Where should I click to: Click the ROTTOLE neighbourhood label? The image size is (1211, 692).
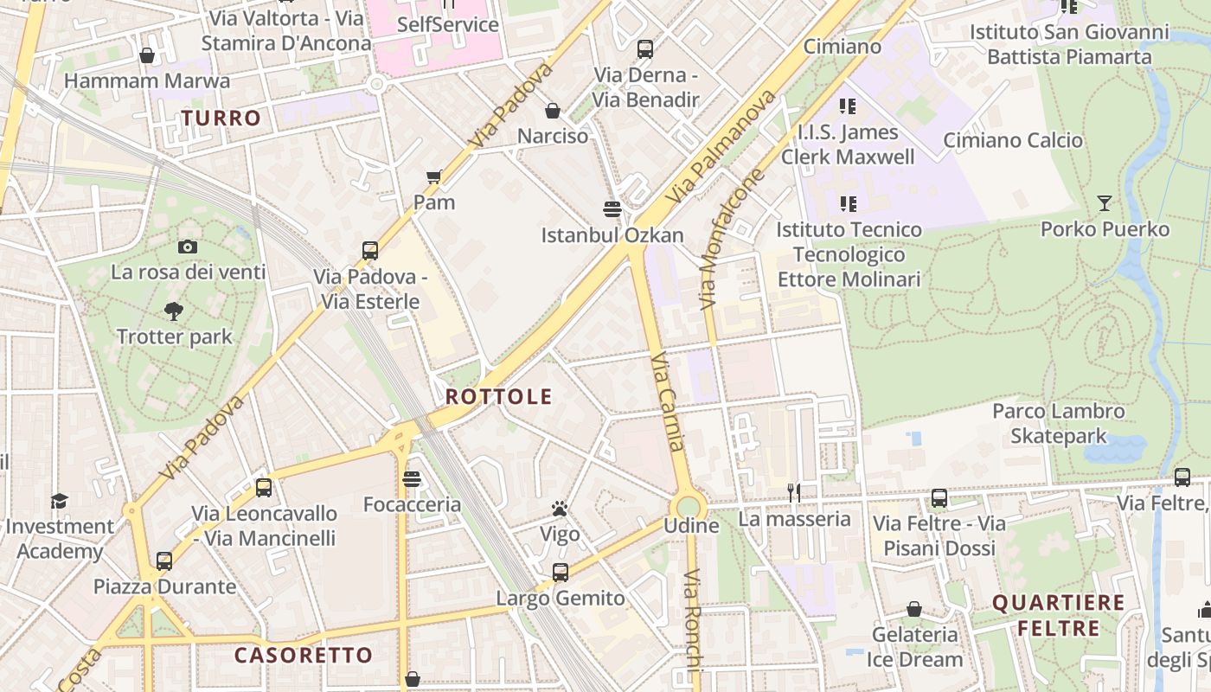[498, 397]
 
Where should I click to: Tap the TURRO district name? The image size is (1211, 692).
[221, 119]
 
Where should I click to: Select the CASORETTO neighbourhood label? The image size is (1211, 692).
[304, 655]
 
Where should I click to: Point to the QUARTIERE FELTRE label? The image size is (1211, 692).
[1058, 615]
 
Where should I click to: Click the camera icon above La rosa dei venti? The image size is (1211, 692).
[188, 247]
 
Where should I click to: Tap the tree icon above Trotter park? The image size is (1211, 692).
[174, 311]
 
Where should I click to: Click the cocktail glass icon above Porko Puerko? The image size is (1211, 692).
[1105, 203]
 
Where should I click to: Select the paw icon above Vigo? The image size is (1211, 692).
[560, 509]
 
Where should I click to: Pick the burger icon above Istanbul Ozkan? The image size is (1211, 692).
[612, 208]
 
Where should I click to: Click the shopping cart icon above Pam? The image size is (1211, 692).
[434, 176]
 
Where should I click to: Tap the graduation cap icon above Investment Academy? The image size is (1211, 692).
[59, 501]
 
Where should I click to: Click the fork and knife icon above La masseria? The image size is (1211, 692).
[794, 493]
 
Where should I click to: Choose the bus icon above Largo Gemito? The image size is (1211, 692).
[561, 572]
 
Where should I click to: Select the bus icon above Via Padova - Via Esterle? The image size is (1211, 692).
[370, 251]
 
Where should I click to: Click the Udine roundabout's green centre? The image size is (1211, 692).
[689, 507]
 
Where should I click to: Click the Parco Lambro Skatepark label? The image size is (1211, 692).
[1058, 423]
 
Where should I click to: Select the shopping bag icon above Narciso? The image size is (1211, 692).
[553, 111]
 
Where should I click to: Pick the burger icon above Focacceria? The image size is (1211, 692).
[412, 478]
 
